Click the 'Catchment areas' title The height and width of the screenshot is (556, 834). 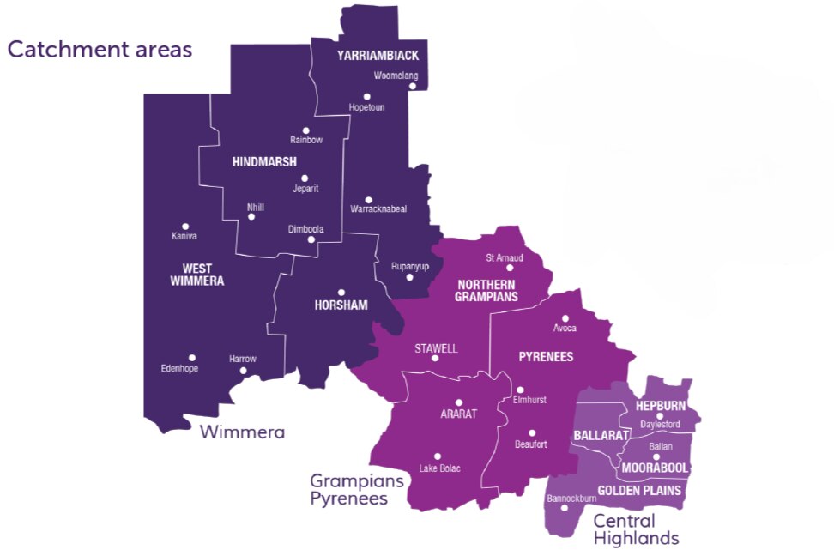pos(100,50)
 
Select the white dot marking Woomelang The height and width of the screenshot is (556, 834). pos(412,86)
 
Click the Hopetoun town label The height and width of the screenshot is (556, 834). pos(366,107)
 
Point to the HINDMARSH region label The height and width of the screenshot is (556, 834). pos(264,161)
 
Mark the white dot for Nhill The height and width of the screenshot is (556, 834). pos(251,216)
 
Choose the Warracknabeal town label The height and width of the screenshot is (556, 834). pos(378,208)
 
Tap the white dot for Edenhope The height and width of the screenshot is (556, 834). pos(192,358)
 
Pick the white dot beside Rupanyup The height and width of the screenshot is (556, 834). pos(409,277)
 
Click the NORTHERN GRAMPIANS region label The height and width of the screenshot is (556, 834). pos(487,291)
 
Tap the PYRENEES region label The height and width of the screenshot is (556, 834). pos(546,356)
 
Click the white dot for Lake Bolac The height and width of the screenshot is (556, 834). pos(438,456)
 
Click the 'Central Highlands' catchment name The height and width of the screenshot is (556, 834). pos(635,529)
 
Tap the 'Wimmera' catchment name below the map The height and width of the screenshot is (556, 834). pos(242,432)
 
